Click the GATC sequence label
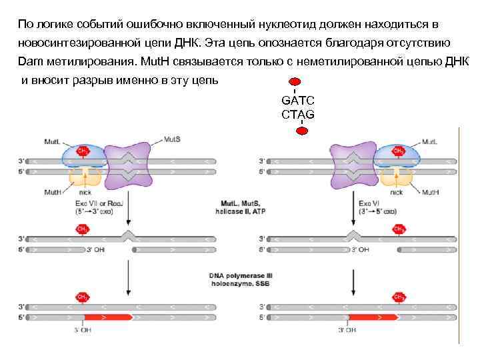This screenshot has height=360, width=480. (297, 101)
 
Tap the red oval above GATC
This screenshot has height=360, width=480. (295, 83)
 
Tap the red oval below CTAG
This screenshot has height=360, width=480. (302, 131)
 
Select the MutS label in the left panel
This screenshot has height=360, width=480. (172, 141)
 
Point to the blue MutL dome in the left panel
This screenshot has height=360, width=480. (84, 157)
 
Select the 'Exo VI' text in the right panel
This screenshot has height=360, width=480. (371, 202)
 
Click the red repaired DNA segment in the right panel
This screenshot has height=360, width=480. (373, 317)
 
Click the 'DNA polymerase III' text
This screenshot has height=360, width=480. (239, 275)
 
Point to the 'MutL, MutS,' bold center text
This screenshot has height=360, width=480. (239, 202)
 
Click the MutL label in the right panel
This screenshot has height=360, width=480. (430, 141)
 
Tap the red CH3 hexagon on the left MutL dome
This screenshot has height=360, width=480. (84, 151)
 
